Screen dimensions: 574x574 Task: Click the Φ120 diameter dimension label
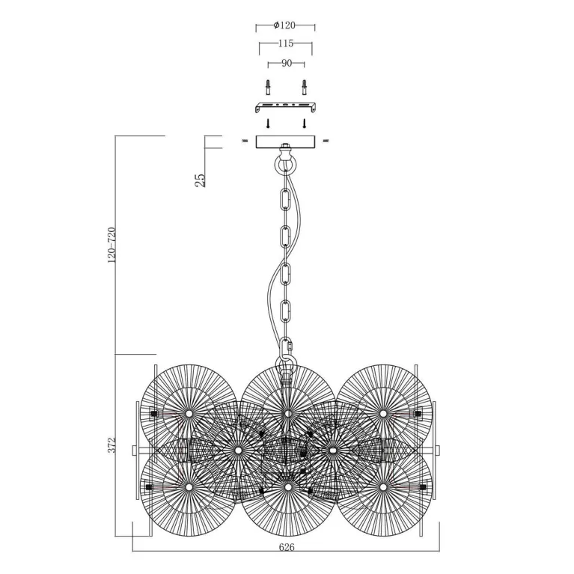[x=284, y=25]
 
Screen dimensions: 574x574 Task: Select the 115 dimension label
[x=286, y=43]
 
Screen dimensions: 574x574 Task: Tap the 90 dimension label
[x=287, y=64]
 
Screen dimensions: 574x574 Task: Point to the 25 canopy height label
[x=201, y=180]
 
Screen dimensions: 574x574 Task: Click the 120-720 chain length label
[x=112, y=245]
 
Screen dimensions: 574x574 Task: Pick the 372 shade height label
[x=112, y=445]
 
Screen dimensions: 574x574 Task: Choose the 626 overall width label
[x=287, y=547]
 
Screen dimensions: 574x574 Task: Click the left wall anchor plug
[x=269, y=87]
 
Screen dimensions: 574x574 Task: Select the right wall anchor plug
[x=304, y=87]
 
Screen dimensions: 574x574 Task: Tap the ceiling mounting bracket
[x=286, y=107]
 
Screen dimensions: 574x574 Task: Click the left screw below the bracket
[x=269, y=123]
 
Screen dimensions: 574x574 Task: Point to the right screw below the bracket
[x=304, y=123]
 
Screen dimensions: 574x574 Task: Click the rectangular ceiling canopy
[x=286, y=142]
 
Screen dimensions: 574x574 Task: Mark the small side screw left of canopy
[x=245, y=140]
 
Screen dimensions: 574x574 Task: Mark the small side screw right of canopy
[x=326, y=140]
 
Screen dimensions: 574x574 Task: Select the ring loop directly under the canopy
[x=286, y=165]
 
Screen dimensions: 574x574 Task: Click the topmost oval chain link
[x=285, y=200]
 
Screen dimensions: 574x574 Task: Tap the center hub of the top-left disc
[x=189, y=414]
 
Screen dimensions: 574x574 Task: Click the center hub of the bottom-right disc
[x=383, y=487]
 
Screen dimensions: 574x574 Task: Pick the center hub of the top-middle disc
[x=288, y=414]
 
